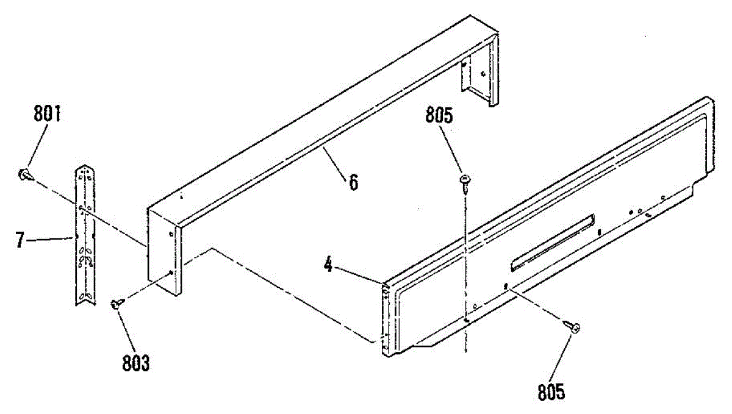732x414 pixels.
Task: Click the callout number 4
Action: click(328, 266)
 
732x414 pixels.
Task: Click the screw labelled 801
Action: click(24, 174)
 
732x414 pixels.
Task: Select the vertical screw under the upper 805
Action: click(465, 182)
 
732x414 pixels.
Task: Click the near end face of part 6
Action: click(164, 250)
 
